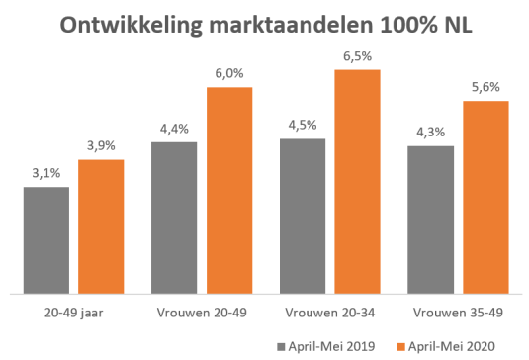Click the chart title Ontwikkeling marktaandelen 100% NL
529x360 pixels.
(x=265, y=25)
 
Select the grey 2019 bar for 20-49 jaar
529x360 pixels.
(x=46, y=240)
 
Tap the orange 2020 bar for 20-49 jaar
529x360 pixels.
(x=101, y=226)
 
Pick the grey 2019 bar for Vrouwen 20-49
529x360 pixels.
(x=174, y=218)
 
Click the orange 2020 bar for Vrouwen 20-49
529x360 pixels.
(x=228, y=190)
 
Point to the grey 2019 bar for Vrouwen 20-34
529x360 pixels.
(x=303, y=216)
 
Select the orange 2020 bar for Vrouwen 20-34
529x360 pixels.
(x=357, y=181)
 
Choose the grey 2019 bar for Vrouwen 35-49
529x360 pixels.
(x=430, y=220)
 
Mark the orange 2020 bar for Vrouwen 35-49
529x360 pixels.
(x=485, y=197)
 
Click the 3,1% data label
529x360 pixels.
(x=46, y=174)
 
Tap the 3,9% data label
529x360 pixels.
(x=101, y=147)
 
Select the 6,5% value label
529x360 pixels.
(x=357, y=57)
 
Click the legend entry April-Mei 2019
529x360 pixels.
(x=325, y=345)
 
